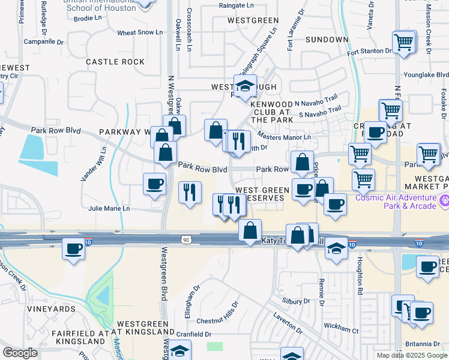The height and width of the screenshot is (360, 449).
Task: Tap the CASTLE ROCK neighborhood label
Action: pos(115,62)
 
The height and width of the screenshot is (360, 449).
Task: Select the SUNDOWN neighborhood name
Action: pos(327,40)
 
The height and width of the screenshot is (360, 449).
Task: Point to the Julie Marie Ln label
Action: pos(109,209)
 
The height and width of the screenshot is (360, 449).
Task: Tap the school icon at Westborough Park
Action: pos(246,87)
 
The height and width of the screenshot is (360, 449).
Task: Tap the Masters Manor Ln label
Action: pos(283,137)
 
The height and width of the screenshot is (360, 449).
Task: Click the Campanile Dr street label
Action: pos(43,42)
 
